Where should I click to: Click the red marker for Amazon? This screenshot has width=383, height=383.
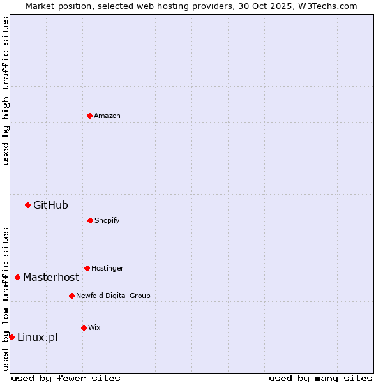click(89, 116)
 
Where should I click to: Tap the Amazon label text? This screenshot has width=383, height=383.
click(107, 116)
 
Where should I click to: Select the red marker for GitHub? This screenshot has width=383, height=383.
click(27, 205)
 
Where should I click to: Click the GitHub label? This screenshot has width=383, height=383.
click(50, 205)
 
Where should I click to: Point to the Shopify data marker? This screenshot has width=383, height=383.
click(90, 220)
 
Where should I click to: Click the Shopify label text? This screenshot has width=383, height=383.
click(107, 220)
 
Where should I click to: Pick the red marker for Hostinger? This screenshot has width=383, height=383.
click(87, 268)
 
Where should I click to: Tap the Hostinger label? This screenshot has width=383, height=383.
click(107, 268)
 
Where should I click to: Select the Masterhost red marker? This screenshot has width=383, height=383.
click(17, 277)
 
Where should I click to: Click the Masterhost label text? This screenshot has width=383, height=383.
click(51, 277)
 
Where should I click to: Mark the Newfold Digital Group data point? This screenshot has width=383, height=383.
click(71, 296)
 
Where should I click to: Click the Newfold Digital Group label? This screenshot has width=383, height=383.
click(113, 296)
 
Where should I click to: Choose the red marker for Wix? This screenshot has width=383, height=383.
click(84, 327)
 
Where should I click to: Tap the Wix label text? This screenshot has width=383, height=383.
click(94, 327)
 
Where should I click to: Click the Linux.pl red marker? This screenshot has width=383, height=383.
click(11, 337)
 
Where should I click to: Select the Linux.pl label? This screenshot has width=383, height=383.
click(37, 337)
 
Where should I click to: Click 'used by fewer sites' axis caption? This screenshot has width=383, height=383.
click(66, 378)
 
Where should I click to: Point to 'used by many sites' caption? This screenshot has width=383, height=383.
click(320, 378)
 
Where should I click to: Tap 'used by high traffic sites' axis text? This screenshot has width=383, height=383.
click(6, 91)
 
